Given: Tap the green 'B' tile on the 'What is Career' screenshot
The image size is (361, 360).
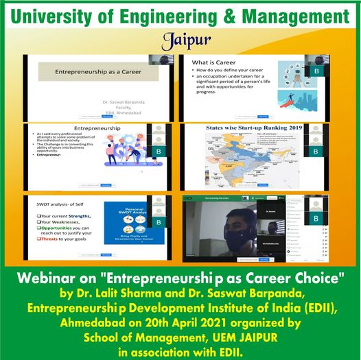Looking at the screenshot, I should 316,71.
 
